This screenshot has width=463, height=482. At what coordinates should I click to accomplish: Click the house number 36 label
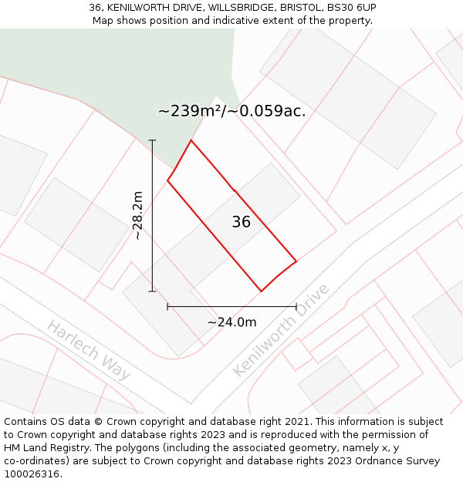pyautogui.click(x=241, y=222)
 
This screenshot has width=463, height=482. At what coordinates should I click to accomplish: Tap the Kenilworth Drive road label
pyautogui.click(x=281, y=330)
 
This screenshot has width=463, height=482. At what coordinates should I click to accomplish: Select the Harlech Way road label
pyautogui.click(x=88, y=349)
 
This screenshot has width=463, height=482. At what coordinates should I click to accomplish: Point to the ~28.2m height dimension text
pyautogui.click(x=137, y=215)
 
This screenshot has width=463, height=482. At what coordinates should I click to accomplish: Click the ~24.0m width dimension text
pyautogui.click(x=231, y=322)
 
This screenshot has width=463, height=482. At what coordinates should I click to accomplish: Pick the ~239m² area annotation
pyautogui.click(x=231, y=111)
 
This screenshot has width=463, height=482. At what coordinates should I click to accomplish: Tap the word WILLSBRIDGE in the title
pyautogui.click(x=238, y=8)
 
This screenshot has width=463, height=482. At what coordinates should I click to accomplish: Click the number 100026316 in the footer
pyautogui.click(x=30, y=474)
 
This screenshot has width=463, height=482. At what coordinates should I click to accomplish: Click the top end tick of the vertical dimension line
pyautogui.click(x=152, y=140)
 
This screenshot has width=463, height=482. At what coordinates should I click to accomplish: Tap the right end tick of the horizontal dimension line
pyautogui.click(x=296, y=307)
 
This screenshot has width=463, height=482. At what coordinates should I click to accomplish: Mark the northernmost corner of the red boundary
pyautogui.click(x=191, y=140)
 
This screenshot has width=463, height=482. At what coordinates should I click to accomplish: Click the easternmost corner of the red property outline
pyautogui.click(x=296, y=261)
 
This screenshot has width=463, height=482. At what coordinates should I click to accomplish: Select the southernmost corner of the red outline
pyautogui.click(x=261, y=292)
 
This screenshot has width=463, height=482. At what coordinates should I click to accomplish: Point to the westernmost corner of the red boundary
pyautogui.click(x=167, y=180)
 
